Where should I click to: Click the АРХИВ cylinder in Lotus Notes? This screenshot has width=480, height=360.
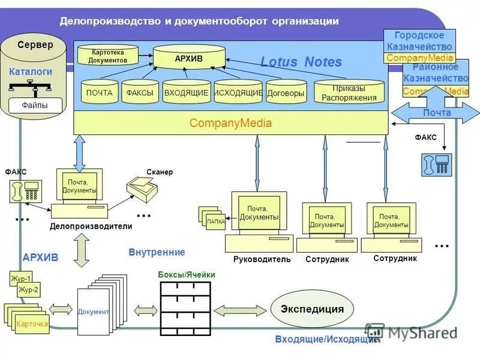[x=189, y=58]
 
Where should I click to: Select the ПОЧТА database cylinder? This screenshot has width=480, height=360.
[x=99, y=93]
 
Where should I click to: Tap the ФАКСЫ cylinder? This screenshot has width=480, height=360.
[x=140, y=93]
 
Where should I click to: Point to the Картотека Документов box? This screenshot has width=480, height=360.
[x=108, y=56]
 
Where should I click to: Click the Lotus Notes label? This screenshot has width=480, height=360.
[x=301, y=62]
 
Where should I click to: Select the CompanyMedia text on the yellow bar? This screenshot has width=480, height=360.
[x=230, y=124]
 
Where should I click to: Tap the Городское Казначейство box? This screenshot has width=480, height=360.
[x=419, y=41]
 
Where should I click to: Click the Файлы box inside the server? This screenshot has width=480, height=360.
[x=35, y=106]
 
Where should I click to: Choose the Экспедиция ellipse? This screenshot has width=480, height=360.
[x=312, y=310]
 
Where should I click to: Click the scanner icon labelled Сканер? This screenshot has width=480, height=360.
[x=143, y=191]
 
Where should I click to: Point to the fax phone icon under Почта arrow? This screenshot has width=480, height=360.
[x=436, y=164]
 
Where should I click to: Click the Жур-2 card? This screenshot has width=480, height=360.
[x=28, y=290]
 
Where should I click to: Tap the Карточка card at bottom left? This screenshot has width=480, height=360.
[x=32, y=324]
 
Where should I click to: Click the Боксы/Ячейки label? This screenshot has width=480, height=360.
[x=186, y=275]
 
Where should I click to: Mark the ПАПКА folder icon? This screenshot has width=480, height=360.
[x=215, y=221]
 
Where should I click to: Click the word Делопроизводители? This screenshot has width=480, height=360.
[x=91, y=227]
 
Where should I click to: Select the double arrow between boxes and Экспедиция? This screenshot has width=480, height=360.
[x=239, y=310]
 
